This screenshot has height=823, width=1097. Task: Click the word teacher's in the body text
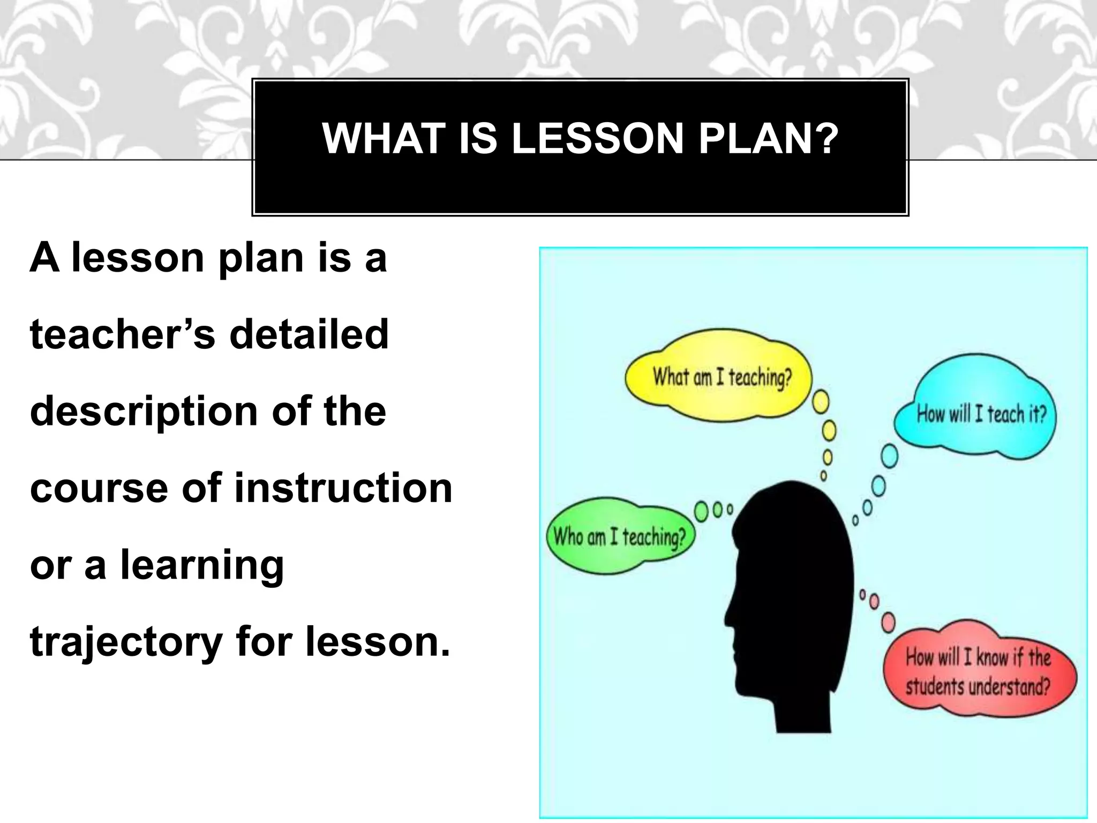(x=122, y=334)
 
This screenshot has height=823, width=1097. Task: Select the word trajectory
(x=126, y=643)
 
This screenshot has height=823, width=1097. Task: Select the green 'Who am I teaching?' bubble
(x=619, y=536)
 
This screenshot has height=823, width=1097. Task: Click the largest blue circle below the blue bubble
(x=889, y=457)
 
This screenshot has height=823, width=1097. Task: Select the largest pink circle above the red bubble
(x=888, y=622)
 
